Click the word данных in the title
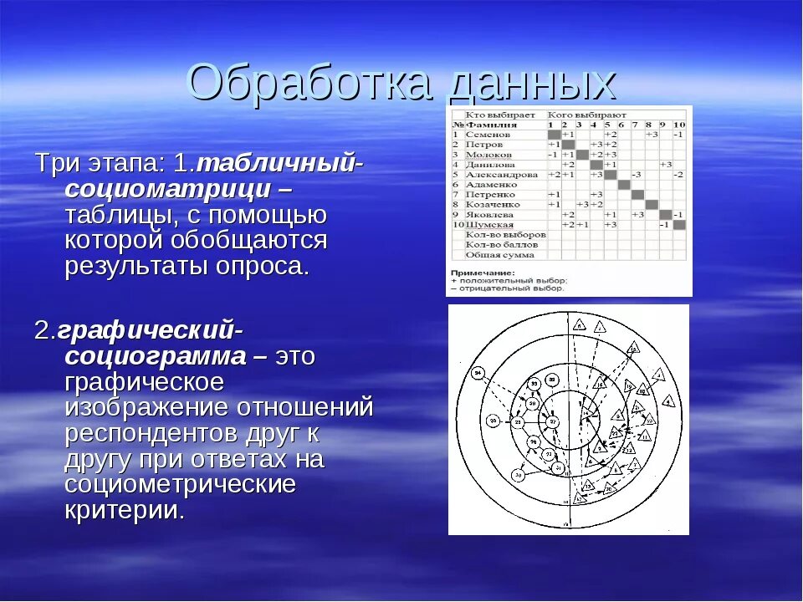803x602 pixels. pos(526,84)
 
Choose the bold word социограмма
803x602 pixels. pos(156,356)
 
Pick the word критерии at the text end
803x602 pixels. pos(123,511)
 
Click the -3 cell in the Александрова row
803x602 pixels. pos(637,174)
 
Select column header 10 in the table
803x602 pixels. pos(678,124)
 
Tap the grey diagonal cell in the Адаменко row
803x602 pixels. pos(623,184)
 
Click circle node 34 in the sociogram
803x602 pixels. pos(478,373)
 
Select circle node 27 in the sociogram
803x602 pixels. pos(548,453)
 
